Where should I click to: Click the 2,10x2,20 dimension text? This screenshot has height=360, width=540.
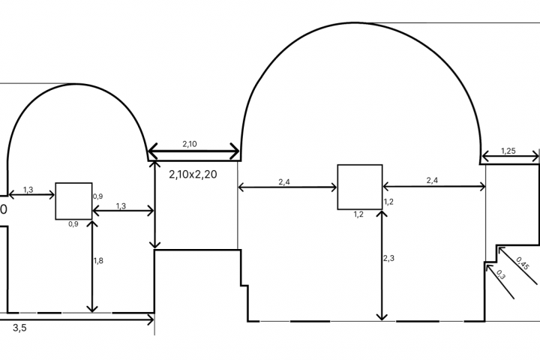[193, 174]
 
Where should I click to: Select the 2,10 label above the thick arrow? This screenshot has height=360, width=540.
[190, 144]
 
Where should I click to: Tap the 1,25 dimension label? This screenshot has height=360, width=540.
[508, 151]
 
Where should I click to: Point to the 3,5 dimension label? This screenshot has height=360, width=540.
[19, 328]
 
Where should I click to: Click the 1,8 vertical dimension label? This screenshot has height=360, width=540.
[98, 261]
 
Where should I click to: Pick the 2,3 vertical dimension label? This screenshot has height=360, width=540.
[388, 258]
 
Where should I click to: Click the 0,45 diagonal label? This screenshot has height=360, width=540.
[523, 263]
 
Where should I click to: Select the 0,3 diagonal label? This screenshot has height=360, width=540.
[501, 274]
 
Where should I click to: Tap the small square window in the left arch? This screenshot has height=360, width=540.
[73, 201]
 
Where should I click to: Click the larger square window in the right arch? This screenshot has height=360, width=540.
[360, 187]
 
